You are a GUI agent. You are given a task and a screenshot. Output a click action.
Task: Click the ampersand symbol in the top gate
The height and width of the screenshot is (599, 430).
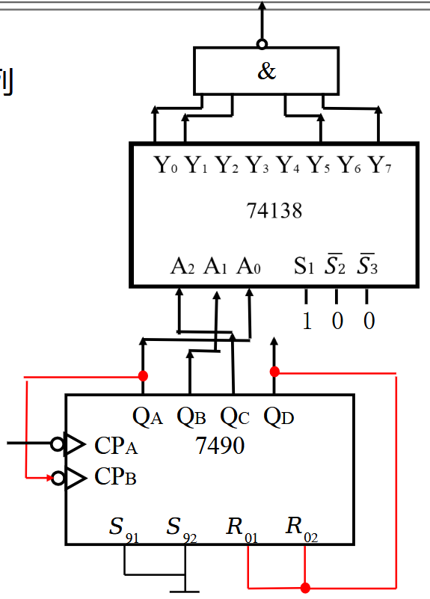tap(266, 71)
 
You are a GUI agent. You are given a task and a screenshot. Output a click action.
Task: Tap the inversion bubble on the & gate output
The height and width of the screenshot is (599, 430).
tap(262, 44)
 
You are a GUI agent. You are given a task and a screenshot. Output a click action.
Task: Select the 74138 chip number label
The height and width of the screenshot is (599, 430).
tap(274, 210)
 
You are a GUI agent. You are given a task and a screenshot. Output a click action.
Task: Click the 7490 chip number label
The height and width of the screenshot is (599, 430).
tap(220, 446)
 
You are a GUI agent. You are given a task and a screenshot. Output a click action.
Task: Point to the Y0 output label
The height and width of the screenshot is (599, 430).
tap(166, 165)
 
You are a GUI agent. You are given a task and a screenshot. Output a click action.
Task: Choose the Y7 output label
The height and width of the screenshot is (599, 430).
tap(380, 165)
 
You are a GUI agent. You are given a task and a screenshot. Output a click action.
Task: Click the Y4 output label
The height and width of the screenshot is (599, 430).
tap(288, 165)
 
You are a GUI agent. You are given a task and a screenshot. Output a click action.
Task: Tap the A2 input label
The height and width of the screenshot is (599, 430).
tap(182, 266)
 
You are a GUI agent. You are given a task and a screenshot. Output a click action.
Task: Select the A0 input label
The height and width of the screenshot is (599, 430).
tap(248, 266)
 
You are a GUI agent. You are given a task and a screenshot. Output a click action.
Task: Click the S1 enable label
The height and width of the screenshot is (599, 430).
tap(304, 266)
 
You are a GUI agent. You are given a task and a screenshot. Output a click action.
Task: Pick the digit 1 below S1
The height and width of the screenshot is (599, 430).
tap(307, 321)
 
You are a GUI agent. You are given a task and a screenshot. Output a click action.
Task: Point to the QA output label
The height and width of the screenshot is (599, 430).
tap(148, 417)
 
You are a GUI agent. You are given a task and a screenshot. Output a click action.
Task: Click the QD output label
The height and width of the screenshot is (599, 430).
tap(279, 417)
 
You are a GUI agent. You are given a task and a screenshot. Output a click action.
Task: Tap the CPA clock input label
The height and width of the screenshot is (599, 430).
tap(116, 446)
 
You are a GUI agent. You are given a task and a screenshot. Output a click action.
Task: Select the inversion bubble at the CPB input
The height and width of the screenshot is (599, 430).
tap(58, 478)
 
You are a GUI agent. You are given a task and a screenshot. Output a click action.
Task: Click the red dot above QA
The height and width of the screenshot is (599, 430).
tap(143, 376)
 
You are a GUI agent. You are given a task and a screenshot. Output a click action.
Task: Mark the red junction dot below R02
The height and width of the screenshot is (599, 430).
tap(305, 588)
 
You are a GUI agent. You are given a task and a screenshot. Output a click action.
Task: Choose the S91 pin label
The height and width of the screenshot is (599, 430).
tap(123, 529)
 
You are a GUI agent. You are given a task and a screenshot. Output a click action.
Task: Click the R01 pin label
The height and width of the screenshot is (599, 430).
tap(242, 529)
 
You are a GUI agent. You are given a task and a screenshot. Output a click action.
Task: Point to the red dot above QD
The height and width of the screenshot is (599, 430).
tap(274, 372)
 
